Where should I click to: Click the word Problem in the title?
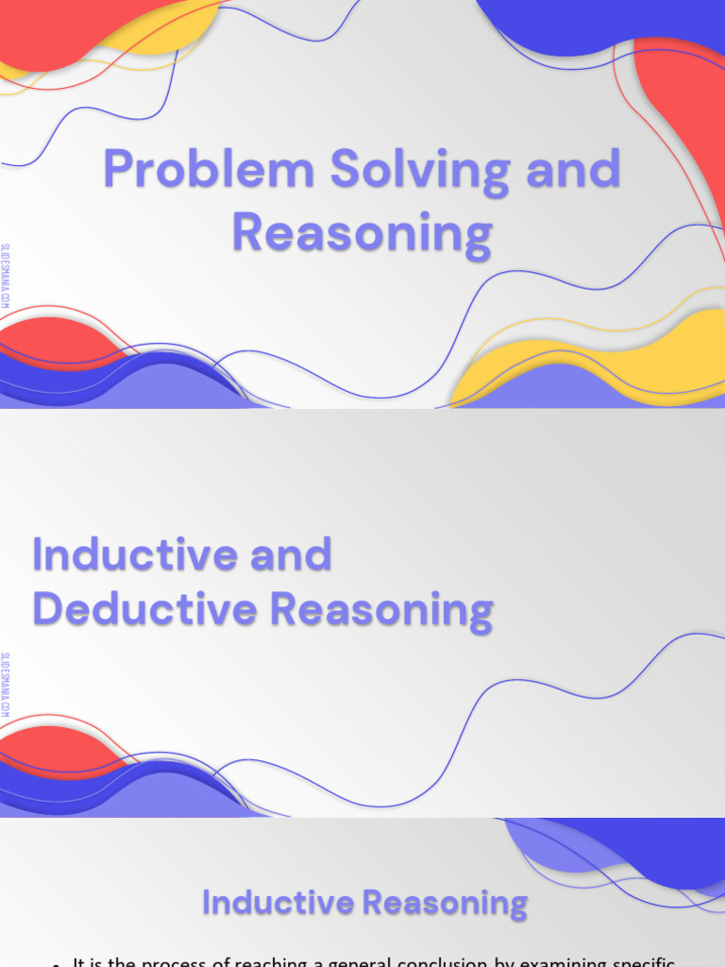[x=210, y=170]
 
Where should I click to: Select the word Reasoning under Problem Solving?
[x=362, y=232]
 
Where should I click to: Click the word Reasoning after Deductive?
[x=381, y=610]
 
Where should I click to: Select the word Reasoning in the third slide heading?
[x=446, y=904]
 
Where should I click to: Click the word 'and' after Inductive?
[x=292, y=553]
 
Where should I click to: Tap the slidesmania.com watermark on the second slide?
[x=7, y=685]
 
